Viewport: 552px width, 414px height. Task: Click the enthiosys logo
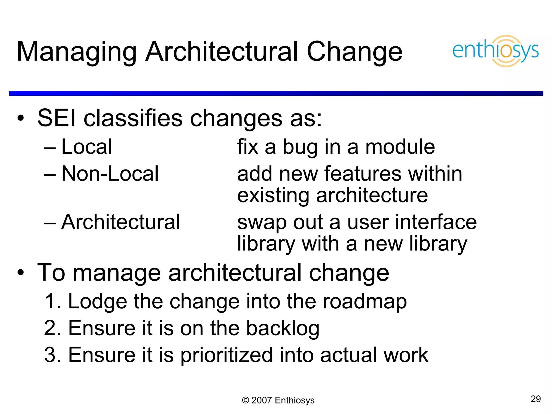[495, 51]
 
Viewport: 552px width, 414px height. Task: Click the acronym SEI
[57, 118]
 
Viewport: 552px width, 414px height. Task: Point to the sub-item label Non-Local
[110, 174]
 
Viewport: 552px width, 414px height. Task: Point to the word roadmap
[365, 302]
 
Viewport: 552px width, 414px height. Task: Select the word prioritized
[226, 356]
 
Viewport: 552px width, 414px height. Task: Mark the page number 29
[536, 399]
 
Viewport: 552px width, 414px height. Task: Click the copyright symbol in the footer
[245, 401]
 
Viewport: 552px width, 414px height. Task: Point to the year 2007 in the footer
[261, 401]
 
